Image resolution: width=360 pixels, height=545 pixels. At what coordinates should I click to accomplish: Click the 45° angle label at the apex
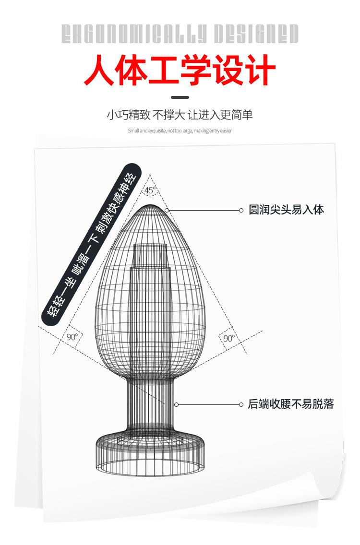(x=150, y=190)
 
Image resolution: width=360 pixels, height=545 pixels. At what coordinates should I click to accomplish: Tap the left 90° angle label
(x=72, y=337)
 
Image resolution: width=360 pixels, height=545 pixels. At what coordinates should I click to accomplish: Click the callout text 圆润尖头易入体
(x=286, y=210)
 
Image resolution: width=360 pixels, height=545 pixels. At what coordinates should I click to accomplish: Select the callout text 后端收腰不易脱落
(x=290, y=404)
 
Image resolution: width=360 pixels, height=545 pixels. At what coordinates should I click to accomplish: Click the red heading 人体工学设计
(x=180, y=71)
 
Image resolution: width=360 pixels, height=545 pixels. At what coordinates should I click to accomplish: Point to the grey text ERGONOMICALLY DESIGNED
(x=180, y=34)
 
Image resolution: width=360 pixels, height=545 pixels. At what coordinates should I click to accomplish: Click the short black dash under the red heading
(x=180, y=97)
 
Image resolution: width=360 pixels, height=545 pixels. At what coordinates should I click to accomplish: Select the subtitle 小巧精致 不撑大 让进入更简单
(x=180, y=115)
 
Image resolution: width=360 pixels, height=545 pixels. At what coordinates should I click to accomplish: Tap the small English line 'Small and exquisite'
(x=180, y=130)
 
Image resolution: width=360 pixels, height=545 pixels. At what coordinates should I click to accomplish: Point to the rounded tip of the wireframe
(x=150, y=207)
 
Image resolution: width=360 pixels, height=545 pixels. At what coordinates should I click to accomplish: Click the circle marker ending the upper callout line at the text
(x=241, y=210)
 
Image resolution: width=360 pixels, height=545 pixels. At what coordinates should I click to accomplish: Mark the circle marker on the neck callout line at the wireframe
(x=176, y=404)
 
